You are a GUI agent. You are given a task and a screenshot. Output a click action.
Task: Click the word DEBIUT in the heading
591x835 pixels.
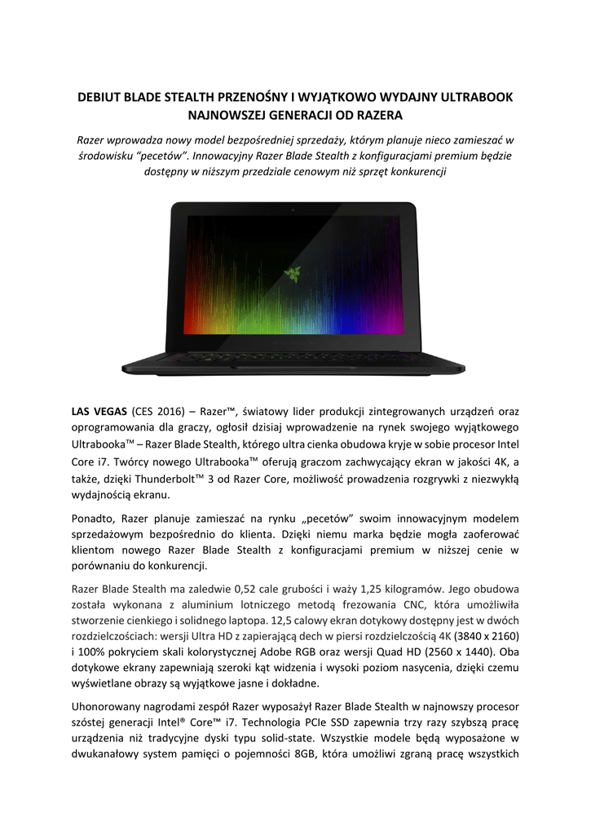click(x=98, y=97)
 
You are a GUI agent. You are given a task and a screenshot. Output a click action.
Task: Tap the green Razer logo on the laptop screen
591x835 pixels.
click(x=291, y=273)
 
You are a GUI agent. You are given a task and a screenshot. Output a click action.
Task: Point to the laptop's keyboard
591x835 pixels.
click(x=293, y=356)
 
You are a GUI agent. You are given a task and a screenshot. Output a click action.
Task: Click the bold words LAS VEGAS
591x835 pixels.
click(x=97, y=410)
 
